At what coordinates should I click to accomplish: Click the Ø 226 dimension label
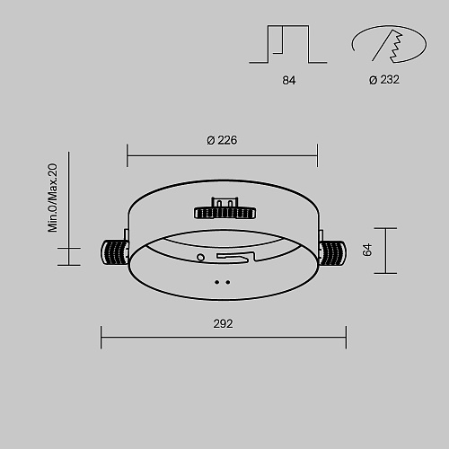[222, 140]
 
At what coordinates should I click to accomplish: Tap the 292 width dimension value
[223, 324]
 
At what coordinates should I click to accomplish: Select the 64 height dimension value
[367, 250]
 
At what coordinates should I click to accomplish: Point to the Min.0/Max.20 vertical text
[53, 198]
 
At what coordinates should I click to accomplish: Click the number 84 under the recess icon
[289, 80]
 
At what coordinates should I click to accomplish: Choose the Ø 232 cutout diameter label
[384, 80]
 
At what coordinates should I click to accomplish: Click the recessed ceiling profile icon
[288, 44]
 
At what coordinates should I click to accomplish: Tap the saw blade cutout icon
[389, 44]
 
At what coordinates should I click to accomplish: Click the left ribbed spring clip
[114, 252]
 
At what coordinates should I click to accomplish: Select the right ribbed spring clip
[333, 253]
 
